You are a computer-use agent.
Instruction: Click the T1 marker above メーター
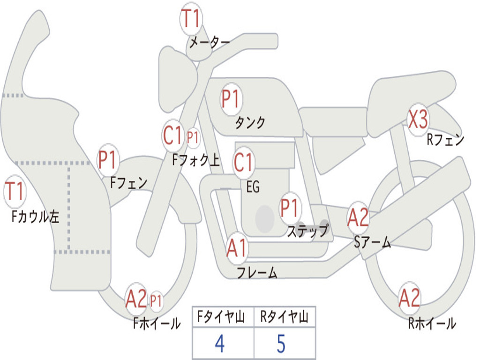(191, 19)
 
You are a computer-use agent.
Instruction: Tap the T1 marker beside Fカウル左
(15, 192)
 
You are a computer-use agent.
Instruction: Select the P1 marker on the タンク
(231, 99)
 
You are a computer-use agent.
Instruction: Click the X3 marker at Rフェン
(418, 120)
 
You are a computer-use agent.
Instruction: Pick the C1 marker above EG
(243, 162)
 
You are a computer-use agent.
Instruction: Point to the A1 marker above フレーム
(236, 248)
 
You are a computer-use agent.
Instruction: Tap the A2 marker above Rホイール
(409, 298)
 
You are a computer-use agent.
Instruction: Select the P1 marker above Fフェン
(108, 160)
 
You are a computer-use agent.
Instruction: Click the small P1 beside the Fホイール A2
(156, 301)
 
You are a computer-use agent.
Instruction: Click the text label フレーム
(257, 273)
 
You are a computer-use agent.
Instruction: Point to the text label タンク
(250, 122)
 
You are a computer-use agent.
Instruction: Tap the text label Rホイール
(432, 323)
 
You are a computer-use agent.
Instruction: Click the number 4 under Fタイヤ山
(219, 344)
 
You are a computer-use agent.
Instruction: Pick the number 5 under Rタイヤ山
(281, 344)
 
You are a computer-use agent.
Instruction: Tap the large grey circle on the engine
(265, 218)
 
